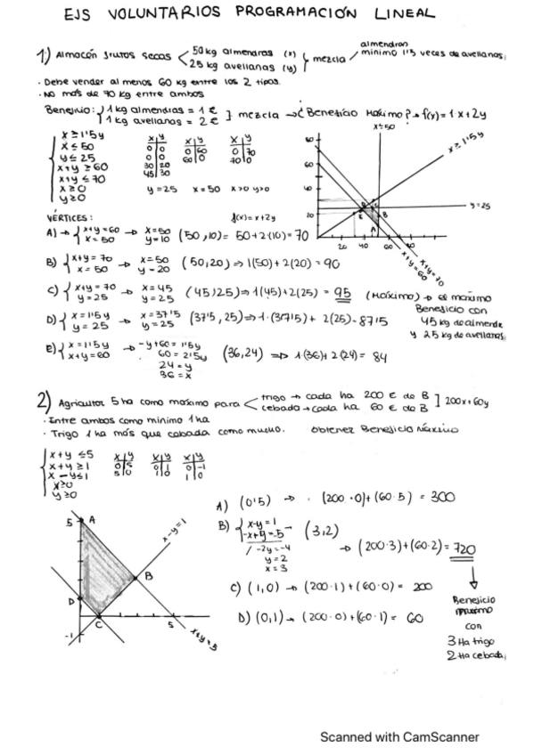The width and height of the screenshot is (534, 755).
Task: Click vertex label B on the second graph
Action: click(148, 576)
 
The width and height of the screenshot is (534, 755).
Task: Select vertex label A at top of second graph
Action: click(93, 516)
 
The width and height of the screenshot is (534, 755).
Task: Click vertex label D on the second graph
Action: click(71, 601)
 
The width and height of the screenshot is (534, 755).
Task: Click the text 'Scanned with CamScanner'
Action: click(399, 736)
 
